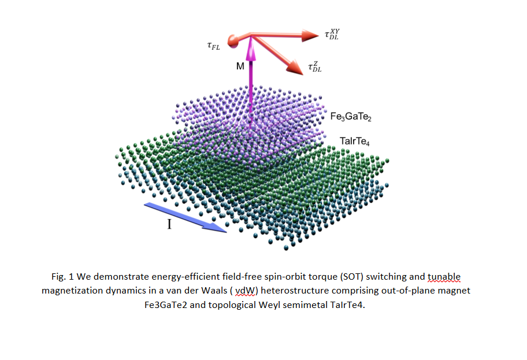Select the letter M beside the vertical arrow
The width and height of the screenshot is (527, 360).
[x=240, y=66]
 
